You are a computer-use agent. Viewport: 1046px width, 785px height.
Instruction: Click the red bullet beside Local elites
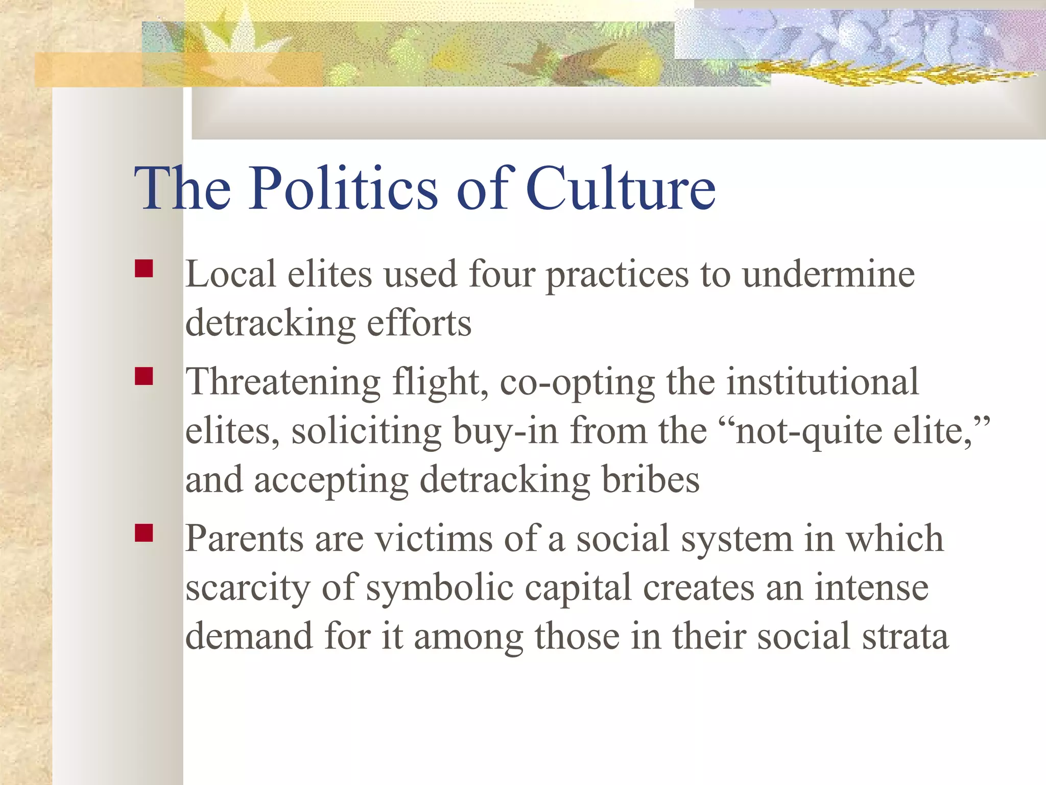click(x=144, y=269)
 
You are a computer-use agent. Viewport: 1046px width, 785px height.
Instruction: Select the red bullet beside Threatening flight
click(x=144, y=377)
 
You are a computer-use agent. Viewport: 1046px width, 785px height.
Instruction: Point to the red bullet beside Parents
click(x=144, y=533)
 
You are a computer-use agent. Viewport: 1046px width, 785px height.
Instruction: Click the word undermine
click(x=828, y=274)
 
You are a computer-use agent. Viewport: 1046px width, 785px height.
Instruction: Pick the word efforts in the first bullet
click(x=419, y=323)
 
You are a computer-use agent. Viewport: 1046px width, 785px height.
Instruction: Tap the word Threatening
click(x=283, y=382)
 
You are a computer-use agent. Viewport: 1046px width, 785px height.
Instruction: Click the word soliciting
click(x=366, y=431)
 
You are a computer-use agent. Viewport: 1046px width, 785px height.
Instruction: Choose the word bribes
click(x=650, y=480)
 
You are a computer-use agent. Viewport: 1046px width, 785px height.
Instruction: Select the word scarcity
click(x=248, y=588)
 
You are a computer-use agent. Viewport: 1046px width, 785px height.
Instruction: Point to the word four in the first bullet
click(x=502, y=274)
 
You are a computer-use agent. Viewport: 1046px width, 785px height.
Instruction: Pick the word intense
click(x=871, y=588)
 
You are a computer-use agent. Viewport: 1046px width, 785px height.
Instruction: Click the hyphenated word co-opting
click(x=577, y=382)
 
